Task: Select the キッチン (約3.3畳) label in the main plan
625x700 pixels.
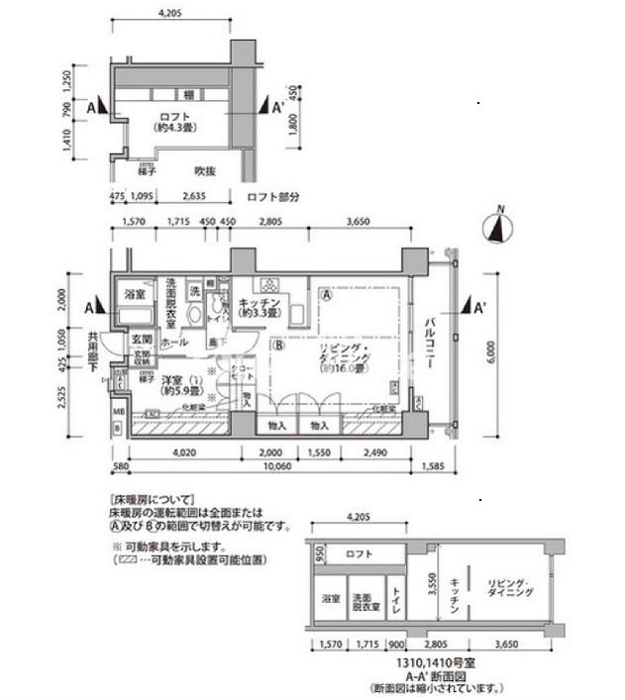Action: pos(262,308)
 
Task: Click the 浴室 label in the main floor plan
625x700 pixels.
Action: pos(136,295)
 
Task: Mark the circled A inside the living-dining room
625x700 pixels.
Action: pos(326,294)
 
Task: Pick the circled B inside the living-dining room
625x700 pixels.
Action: pos(279,347)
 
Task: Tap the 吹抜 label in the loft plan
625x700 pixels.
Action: pos(206,171)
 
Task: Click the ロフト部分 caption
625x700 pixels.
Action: pos(272,196)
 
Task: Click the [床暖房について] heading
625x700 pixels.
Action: pos(151,500)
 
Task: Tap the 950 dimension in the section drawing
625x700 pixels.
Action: pos(319,554)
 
